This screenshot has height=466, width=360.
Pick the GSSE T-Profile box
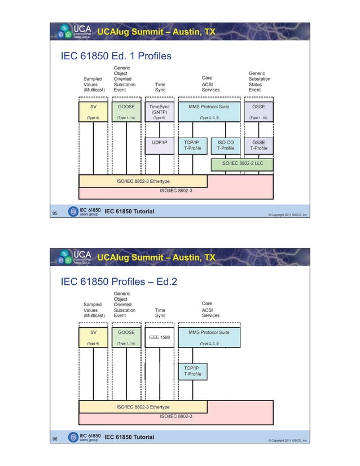tap(260, 146)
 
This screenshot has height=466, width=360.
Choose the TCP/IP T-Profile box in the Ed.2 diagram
tap(192, 371)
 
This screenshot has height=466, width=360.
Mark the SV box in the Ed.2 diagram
tap(93, 337)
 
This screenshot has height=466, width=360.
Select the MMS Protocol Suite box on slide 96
tap(209, 337)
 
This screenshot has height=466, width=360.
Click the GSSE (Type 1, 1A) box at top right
tap(260, 111)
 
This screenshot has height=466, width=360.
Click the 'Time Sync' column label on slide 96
tap(160, 313)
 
